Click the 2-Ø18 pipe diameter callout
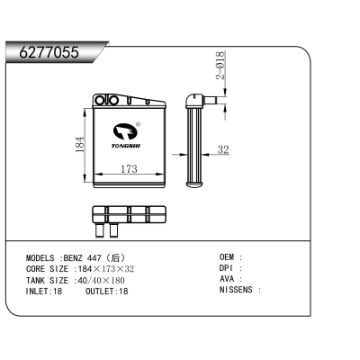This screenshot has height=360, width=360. click(x=220, y=65)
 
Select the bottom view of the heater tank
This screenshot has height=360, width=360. click(x=130, y=216)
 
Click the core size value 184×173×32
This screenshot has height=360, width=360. click(x=104, y=268)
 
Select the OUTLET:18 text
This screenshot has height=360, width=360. click(x=107, y=291)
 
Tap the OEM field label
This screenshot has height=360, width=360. click(x=229, y=257)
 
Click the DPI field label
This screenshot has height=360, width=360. click(x=229, y=268)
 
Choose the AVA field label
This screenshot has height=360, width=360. click(x=229, y=280)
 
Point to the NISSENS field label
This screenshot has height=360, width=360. click(x=238, y=291)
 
